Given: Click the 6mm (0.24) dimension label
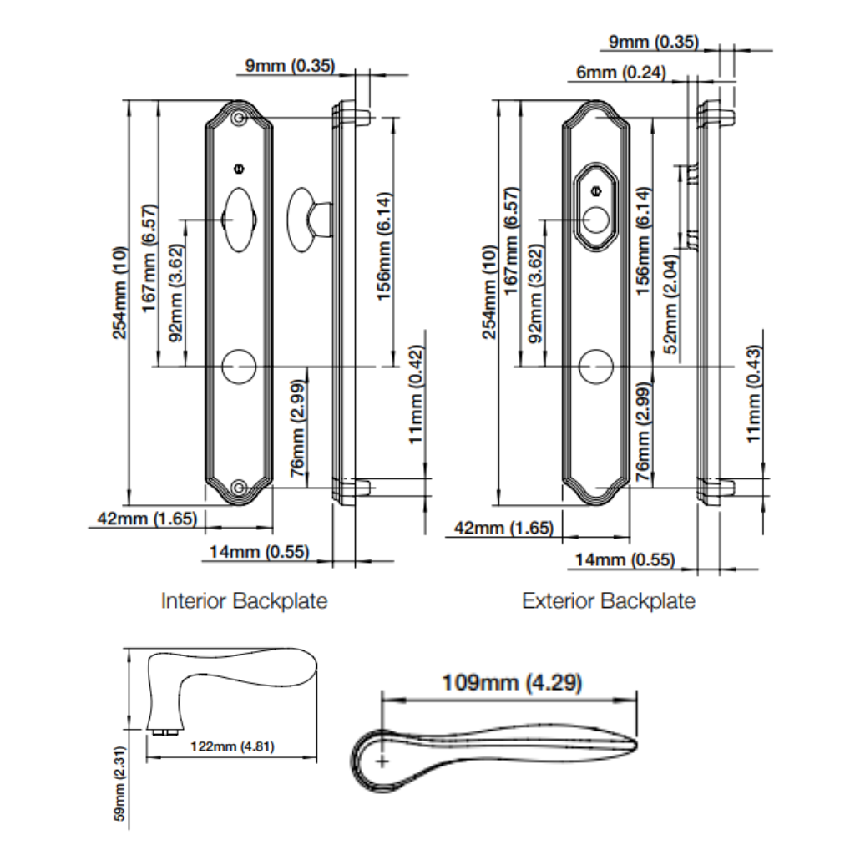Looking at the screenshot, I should [x=620, y=73].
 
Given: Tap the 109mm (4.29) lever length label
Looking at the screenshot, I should [x=511, y=683].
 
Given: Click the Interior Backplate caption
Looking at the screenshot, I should [x=244, y=600].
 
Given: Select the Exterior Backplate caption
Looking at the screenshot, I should [x=608, y=600].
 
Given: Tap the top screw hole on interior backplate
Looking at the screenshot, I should [x=240, y=119].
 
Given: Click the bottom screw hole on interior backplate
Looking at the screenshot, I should [x=240, y=488].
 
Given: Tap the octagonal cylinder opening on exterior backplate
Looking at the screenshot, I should [x=596, y=205].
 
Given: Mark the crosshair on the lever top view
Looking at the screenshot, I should [x=382, y=761].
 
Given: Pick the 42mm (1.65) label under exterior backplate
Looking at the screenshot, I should [x=504, y=529].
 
